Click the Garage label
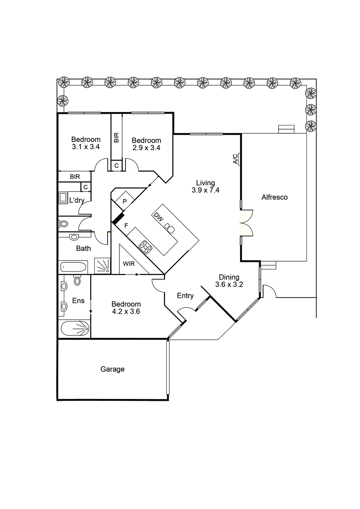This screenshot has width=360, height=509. pyautogui.click(x=112, y=369)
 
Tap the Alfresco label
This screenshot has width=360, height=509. pyautogui.click(x=274, y=197)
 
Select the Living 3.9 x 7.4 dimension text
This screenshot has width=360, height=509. pyautogui.click(x=205, y=190)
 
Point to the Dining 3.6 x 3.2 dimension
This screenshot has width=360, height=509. pyautogui.click(x=229, y=285)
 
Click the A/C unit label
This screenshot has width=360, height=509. pyautogui.click(x=236, y=159)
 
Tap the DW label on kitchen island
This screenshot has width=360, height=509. pyautogui.click(x=159, y=217)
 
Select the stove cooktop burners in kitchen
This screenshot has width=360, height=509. pyautogui.click(x=145, y=247)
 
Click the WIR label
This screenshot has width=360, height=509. pyautogui.click(x=129, y=264)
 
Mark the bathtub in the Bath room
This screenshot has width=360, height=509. pyautogui.click(x=73, y=267)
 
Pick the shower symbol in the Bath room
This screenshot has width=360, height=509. pyautogui.click(x=102, y=266)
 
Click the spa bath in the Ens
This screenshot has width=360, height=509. pyautogui.click(x=75, y=329)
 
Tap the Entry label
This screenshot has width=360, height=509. pyautogui.click(x=185, y=296)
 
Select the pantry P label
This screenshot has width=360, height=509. pyautogui.click(x=124, y=201)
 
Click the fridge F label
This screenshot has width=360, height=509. pyautogui.click(x=126, y=226)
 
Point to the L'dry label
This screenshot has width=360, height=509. pyautogui.click(x=77, y=200)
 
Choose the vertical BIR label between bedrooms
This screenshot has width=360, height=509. pyautogui.click(x=116, y=137)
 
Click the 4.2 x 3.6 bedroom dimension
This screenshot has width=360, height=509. pyautogui.click(x=126, y=312)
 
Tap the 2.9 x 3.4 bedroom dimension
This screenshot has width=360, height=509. pyautogui.click(x=146, y=148)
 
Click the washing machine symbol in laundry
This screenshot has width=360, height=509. pyautogui.click(x=63, y=198)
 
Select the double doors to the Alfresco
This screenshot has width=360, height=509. pyautogui.click(x=246, y=223)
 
